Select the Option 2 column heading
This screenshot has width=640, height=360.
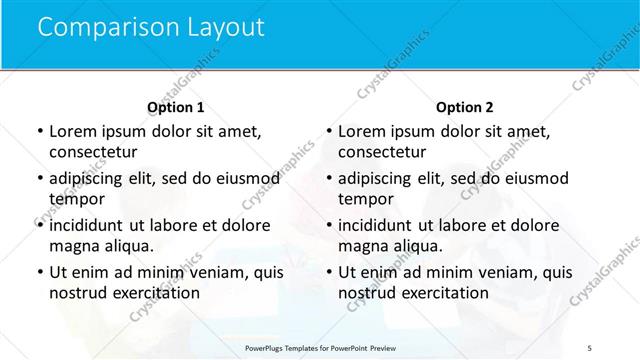point(465,107)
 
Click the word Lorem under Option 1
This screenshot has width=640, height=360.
point(72,131)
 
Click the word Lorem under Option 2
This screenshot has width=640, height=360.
point(361,131)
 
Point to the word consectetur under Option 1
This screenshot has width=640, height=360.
point(91,152)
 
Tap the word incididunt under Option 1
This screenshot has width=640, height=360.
point(90,225)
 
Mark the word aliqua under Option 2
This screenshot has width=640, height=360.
point(408,246)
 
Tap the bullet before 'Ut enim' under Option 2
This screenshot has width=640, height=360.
point(329,272)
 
